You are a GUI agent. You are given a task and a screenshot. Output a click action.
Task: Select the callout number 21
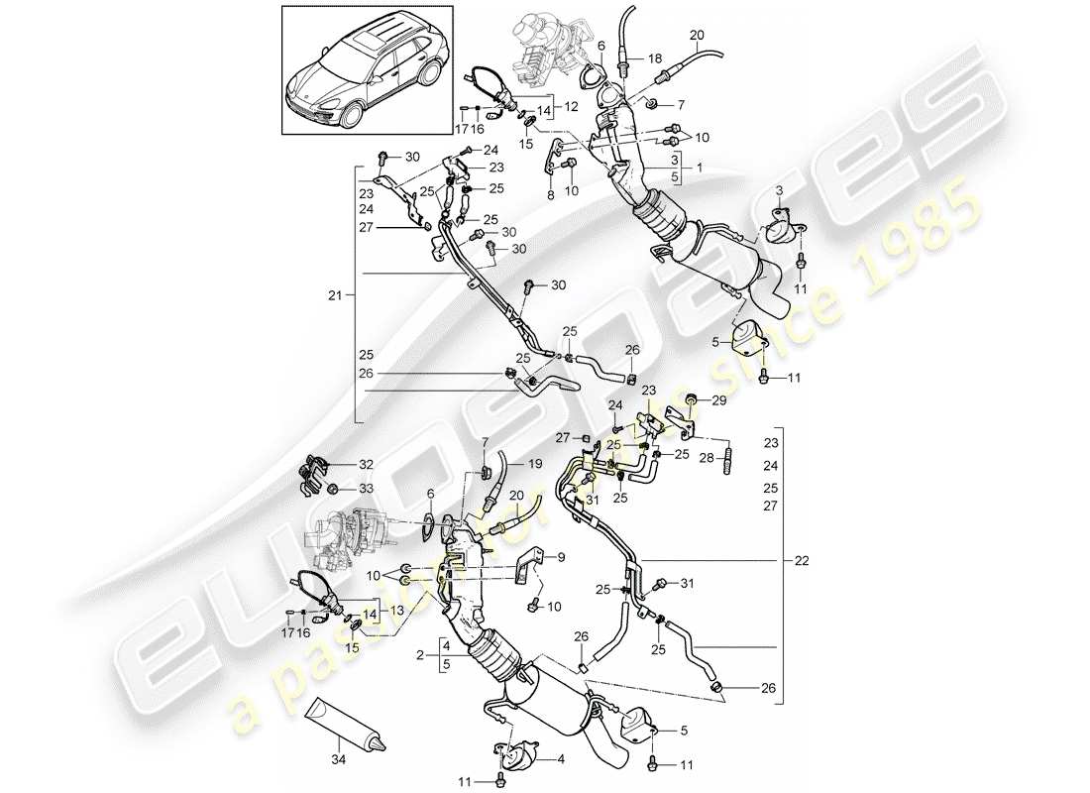(335, 295)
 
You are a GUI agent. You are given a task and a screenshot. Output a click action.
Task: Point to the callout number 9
(562, 557)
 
